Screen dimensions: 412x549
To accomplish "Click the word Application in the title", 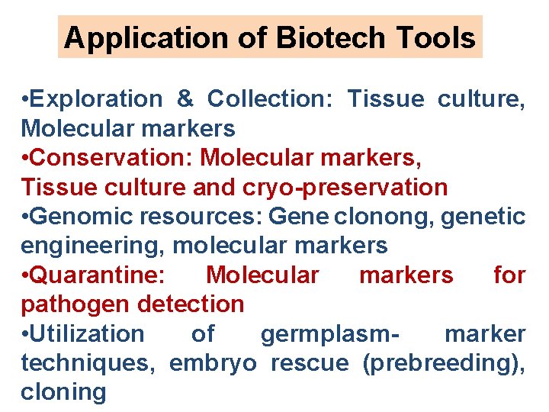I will [130, 37].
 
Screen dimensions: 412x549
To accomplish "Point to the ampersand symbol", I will [185, 99].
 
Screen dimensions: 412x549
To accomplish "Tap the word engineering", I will [92, 246].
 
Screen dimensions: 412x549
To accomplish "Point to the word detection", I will [191, 304].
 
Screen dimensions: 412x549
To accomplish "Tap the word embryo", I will [213, 363].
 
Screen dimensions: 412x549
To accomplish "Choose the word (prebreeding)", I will [443, 363].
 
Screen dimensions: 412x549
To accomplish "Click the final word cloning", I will [63, 392].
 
